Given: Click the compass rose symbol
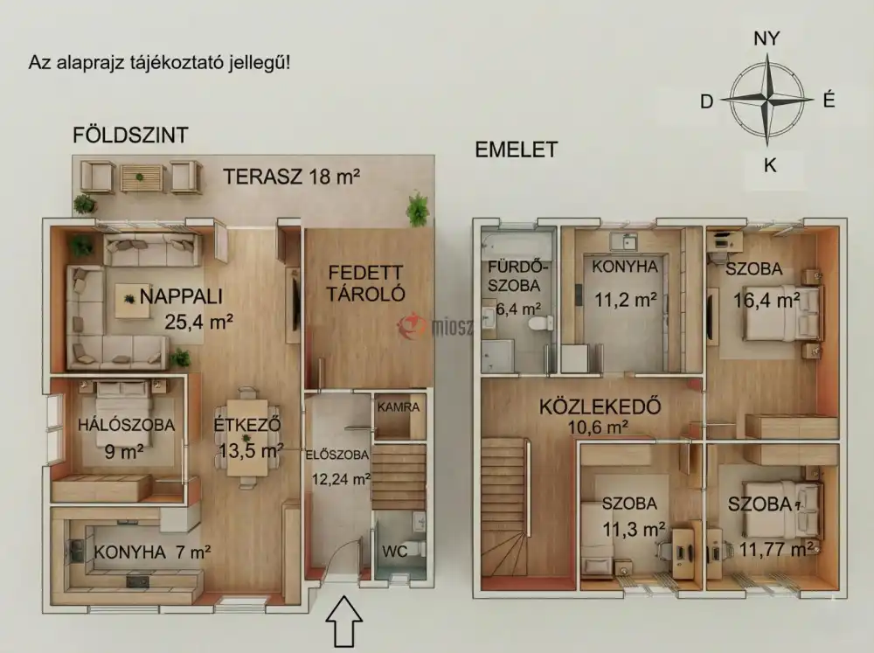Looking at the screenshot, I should (767, 100).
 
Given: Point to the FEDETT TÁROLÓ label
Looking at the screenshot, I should (366, 281).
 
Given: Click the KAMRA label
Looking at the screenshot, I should (399, 407).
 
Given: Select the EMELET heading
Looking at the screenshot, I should (516, 149).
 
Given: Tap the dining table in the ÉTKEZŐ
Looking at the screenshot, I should (247, 437).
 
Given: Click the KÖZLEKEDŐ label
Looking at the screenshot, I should (599, 406).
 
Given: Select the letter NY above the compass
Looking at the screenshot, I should (766, 38).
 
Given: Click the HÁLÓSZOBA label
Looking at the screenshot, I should (126, 426).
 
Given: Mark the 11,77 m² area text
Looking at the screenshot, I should (771, 549).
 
